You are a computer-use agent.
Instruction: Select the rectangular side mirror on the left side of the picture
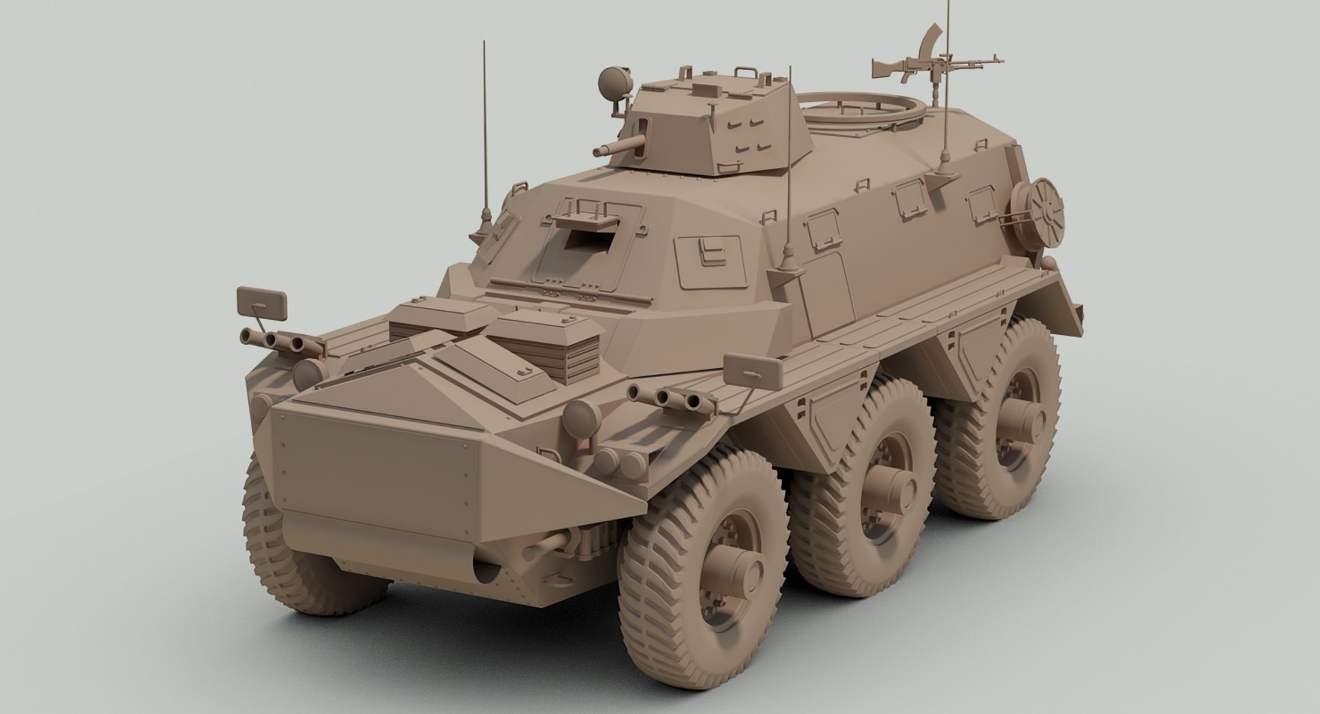coord(261,303)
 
